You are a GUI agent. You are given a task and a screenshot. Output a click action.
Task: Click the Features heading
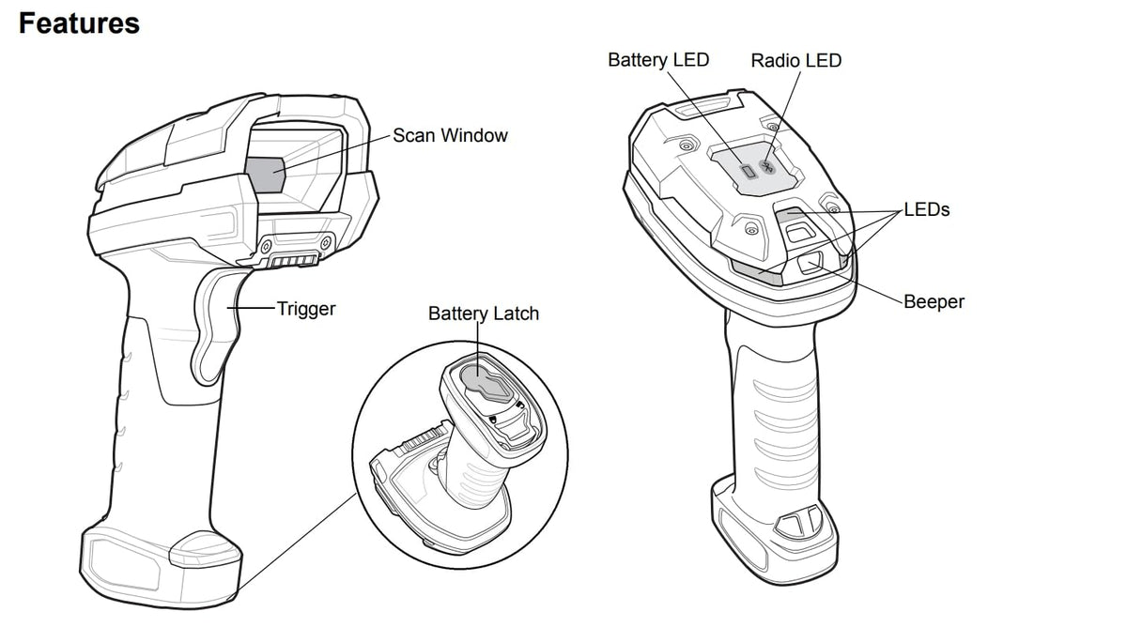pyautogui.click(x=79, y=23)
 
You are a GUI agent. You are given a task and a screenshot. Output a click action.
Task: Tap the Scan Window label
pyautogui.click(x=450, y=135)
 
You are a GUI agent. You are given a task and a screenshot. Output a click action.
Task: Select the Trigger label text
pyautogui.click(x=306, y=308)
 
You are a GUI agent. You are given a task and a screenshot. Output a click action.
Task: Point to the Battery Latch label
pyautogui.click(x=484, y=313)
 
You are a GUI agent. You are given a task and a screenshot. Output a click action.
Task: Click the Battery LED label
pyautogui.click(x=658, y=60)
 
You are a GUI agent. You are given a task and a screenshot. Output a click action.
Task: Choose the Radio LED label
pyautogui.click(x=796, y=61)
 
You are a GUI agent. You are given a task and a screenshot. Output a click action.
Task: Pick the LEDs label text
pyautogui.click(x=926, y=209)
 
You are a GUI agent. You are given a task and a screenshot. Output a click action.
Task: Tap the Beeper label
pyautogui.click(x=934, y=302)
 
